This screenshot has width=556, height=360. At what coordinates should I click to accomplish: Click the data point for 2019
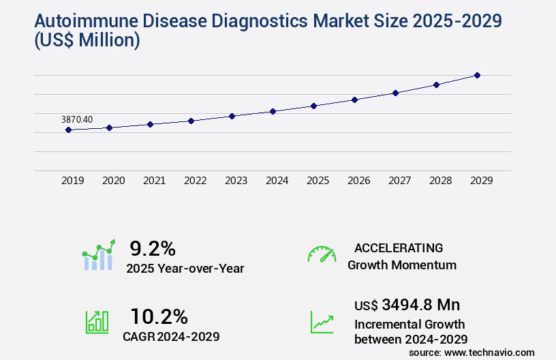pos(68,130)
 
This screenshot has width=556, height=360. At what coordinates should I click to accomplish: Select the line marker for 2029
pos(477,75)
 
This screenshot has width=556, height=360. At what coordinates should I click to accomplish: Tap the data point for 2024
pos(273,111)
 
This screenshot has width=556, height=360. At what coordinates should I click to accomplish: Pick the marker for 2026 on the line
pos(354,100)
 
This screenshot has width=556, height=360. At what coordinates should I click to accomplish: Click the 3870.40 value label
pos(77,119)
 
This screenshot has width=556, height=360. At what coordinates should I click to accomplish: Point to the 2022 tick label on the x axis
pos(195,181)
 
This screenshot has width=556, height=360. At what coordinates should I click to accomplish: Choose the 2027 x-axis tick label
pos(399,181)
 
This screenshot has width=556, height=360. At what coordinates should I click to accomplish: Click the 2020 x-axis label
pos(113,181)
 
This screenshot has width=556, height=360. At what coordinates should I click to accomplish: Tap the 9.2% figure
pos(153,248)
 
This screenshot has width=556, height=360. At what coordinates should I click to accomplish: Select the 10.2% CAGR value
pos(159,316)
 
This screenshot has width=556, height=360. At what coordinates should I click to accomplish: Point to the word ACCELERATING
pos(399,248)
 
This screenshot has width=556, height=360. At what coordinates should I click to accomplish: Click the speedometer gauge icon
pos(322,254)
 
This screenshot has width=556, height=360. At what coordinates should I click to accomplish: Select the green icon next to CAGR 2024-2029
pos(97,322)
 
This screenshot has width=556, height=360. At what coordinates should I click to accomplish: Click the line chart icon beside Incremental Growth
pos(322,322)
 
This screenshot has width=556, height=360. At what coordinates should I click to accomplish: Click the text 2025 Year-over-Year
pos(185,269)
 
